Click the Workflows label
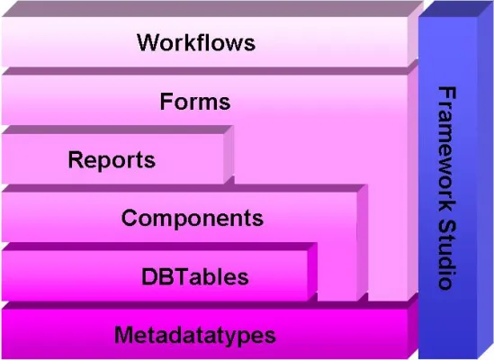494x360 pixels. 196,42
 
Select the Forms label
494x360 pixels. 195,101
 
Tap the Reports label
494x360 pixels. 112,160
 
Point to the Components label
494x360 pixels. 192,218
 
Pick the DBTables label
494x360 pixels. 194,275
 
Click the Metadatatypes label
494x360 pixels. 194,336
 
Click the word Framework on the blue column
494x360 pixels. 445,148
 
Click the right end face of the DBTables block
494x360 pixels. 312,270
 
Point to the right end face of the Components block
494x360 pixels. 362,243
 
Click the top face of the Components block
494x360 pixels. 180,188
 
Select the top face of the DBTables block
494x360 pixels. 158,246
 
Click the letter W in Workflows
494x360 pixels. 147,42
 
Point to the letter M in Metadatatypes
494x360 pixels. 123,336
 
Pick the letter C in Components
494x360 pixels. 129,218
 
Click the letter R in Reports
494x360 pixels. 76,160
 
